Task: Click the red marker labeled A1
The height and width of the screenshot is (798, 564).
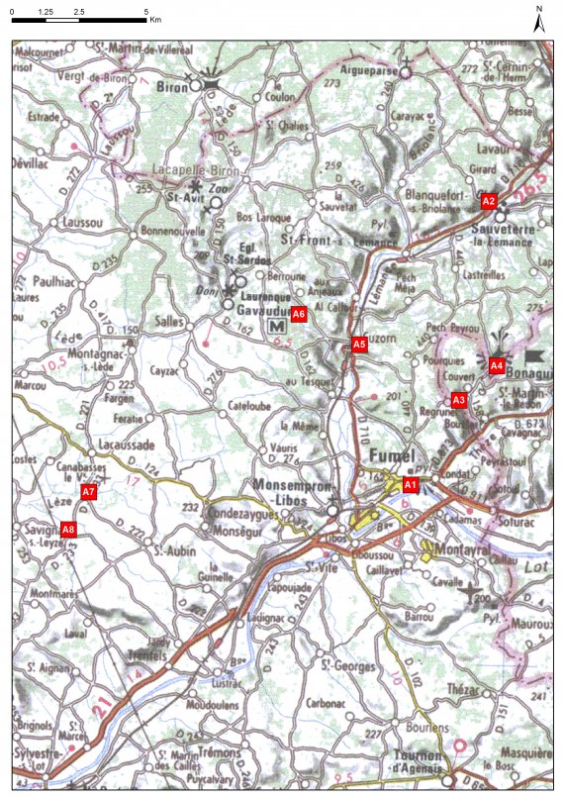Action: (x=410, y=484)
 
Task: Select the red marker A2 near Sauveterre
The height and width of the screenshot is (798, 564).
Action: (x=488, y=201)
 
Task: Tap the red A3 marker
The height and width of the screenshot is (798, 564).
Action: (x=458, y=400)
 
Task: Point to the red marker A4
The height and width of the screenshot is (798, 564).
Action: (x=497, y=366)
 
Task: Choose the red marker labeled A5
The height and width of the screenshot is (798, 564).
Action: (x=360, y=345)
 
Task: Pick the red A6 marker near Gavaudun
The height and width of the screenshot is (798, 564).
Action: (x=299, y=315)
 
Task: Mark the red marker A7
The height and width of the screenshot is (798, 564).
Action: (x=88, y=492)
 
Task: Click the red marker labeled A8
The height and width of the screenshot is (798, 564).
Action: (x=68, y=531)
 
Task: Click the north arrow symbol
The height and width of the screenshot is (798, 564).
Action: (x=539, y=21)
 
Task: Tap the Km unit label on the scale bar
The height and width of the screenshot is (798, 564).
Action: (x=156, y=19)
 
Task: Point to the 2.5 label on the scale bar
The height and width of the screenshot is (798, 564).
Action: (x=79, y=10)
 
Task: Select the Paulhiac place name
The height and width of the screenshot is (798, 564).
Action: (x=54, y=282)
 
